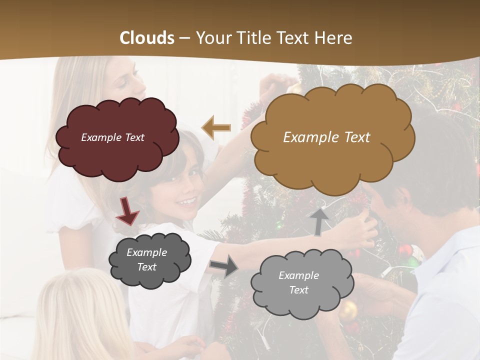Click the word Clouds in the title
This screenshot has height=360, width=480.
click(x=147, y=38)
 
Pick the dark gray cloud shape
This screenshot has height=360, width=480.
click(x=149, y=259)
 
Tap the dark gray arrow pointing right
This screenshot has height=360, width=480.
click(x=223, y=265)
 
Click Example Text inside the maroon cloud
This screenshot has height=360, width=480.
click(x=112, y=137)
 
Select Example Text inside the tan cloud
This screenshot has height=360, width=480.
click(x=326, y=137)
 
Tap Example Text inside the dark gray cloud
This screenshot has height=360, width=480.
click(x=147, y=259)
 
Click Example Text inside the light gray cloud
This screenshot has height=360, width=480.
click(x=298, y=282)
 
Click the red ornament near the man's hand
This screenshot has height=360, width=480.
click(x=404, y=250)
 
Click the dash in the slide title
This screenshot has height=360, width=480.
click(x=184, y=38)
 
